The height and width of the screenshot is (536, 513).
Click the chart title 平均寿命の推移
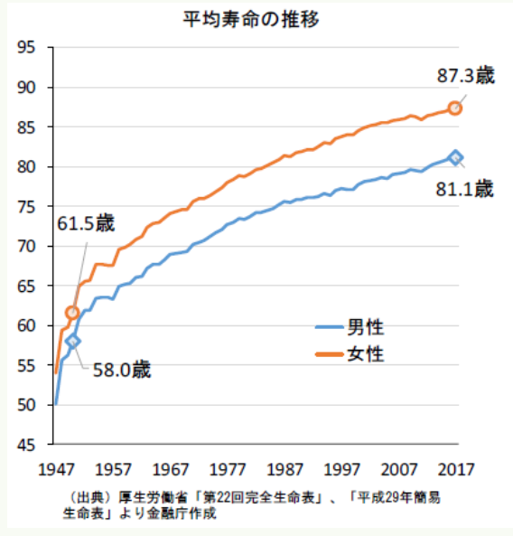point(251,19)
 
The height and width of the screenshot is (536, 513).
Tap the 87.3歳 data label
point(466,76)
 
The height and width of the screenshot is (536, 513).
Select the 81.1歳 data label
point(464,189)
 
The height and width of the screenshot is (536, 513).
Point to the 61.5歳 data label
point(86,224)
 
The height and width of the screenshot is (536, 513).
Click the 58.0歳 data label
point(122,370)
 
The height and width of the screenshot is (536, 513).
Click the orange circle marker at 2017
point(455,108)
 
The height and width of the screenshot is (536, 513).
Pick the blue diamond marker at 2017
point(455,157)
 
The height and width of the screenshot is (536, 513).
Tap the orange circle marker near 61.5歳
point(72,313)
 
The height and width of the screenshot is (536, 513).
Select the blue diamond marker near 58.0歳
point(73,341)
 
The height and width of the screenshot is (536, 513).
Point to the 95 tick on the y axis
point(26,47)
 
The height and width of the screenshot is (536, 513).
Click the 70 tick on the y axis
point(26,246)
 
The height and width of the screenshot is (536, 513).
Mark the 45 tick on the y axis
point(26,445)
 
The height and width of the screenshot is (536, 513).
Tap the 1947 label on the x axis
point(56,470)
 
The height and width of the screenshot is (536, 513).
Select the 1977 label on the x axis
point(228,470)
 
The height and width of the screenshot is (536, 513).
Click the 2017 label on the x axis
point(456,470)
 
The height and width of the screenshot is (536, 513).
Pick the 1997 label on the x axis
point(342,470)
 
